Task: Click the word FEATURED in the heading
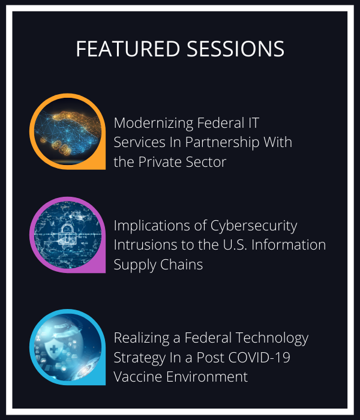click(x=128, y=49)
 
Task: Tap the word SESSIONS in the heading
click(x=235, y=49)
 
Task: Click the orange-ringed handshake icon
click(x=67, y=131)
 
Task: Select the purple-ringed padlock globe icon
click(x=67, y=235)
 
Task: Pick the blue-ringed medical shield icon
click(x=67, y=347)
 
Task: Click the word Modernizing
click(x=154, y=124)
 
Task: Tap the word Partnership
click(x=223, y=143)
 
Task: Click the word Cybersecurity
click(x=254, y=226)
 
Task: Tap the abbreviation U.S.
click(x=235, y=245)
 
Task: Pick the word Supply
click(x=135, y=265)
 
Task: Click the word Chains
click(x=182, y=265)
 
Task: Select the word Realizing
click(x=142, y=338)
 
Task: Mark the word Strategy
click(x=140, y=358)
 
